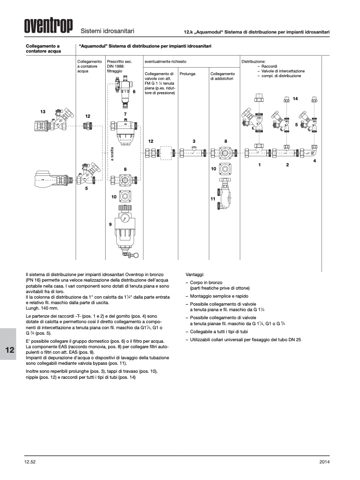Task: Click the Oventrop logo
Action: point(49,26)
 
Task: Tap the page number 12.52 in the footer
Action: point(30,462)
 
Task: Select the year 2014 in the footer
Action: point(324,462)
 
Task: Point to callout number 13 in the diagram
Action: point(43,112)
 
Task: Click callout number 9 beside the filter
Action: point(111,224)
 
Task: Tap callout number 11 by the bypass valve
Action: point(213,199)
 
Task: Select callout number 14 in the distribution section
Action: point(295,99)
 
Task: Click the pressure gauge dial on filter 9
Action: point(125,219)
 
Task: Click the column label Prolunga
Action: point(187,74)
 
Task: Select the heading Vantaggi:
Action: point(195,275)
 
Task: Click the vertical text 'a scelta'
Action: point(112,154)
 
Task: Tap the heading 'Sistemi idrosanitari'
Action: point(107,31)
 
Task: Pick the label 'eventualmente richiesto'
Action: point(165,62)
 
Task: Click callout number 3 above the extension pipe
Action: point(194,141)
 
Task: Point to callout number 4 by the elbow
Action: point(314,161)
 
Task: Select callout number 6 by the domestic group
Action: point(134,92)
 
